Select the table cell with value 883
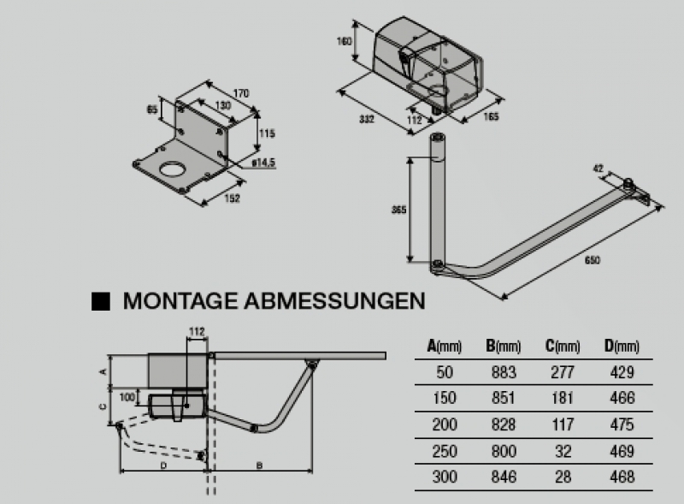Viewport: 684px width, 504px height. pos(504,371)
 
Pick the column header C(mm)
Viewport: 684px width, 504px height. pos(562,346)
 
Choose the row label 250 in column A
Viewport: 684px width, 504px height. pos(444,451)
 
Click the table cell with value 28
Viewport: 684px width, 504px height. pos(563,477)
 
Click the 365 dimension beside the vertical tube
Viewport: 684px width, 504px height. pos(398,210)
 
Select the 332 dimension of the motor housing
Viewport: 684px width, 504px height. pos(366,119)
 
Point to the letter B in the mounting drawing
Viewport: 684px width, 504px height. pos(258,464)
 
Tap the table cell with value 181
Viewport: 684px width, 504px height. pos(563,398)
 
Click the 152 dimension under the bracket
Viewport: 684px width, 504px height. pos(232,198)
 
